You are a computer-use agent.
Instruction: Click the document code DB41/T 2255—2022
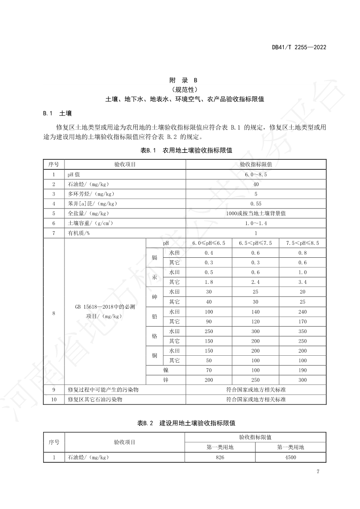pos(299,47)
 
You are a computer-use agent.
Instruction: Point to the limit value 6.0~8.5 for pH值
pos(255,174)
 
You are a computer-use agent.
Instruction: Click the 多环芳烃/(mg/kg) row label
pos(91,194)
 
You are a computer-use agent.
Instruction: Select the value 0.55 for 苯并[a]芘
pos(255,204)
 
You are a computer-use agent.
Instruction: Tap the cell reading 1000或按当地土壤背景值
pos(255,213)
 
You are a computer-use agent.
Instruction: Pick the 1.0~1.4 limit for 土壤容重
pos(255,223)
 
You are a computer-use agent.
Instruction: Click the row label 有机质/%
pos(78,233)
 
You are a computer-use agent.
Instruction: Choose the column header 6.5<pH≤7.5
pos(255,243)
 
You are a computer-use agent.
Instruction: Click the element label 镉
pos(154,257)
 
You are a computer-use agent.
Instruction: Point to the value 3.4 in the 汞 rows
pos(302,282)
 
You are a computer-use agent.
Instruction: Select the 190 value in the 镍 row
pos(302,370)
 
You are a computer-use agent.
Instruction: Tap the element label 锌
pos(166,380)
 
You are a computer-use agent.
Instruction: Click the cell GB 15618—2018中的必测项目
pos(105,312)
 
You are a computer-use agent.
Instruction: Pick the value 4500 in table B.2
pos(290,457)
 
